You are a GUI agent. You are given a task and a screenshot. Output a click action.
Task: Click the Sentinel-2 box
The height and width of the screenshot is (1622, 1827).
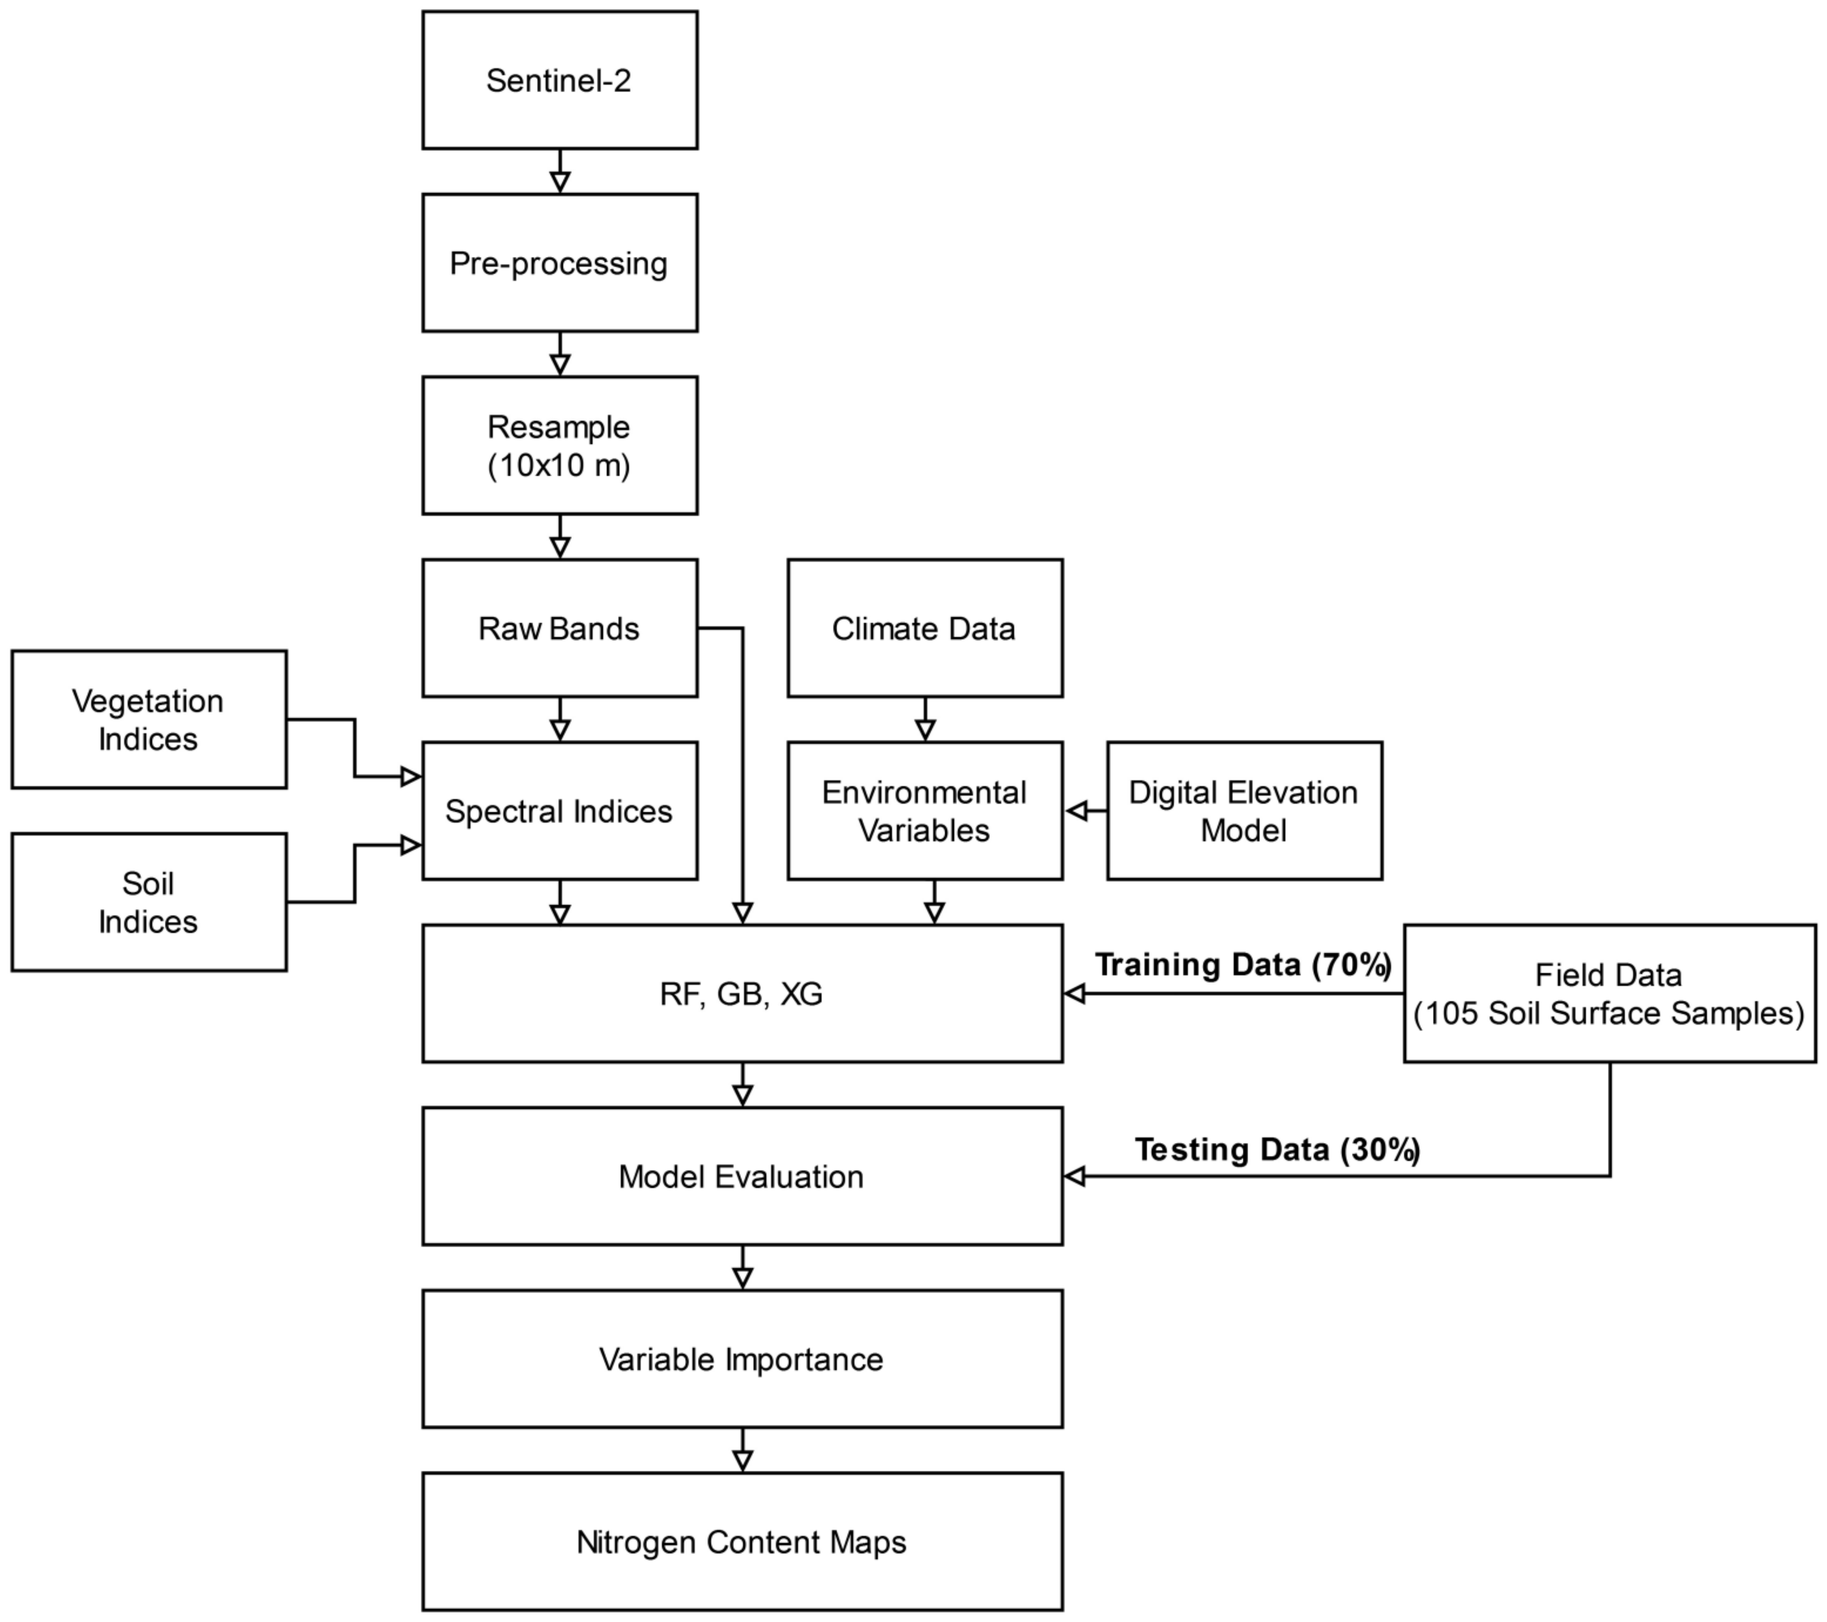[559, 80]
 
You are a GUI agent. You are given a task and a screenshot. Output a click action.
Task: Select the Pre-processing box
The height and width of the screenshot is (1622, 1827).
[559, 263]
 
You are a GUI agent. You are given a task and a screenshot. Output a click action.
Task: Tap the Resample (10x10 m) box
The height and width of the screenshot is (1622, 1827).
[559, 445]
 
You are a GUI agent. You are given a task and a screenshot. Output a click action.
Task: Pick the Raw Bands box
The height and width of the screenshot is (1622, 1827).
[559, 628]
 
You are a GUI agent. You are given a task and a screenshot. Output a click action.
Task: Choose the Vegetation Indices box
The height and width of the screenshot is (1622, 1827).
[148, 720]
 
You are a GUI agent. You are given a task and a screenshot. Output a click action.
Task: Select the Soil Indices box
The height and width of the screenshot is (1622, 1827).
[148, 902]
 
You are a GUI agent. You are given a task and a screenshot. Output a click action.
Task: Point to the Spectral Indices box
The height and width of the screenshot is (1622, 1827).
[559, 811]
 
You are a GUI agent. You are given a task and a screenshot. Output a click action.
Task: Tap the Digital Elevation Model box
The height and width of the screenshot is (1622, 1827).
[1244, 811]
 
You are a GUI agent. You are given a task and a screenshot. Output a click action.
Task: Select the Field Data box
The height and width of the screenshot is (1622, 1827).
[1609, 994]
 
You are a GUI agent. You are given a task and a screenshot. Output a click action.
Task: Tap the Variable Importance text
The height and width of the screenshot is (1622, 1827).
[742, 1359]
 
